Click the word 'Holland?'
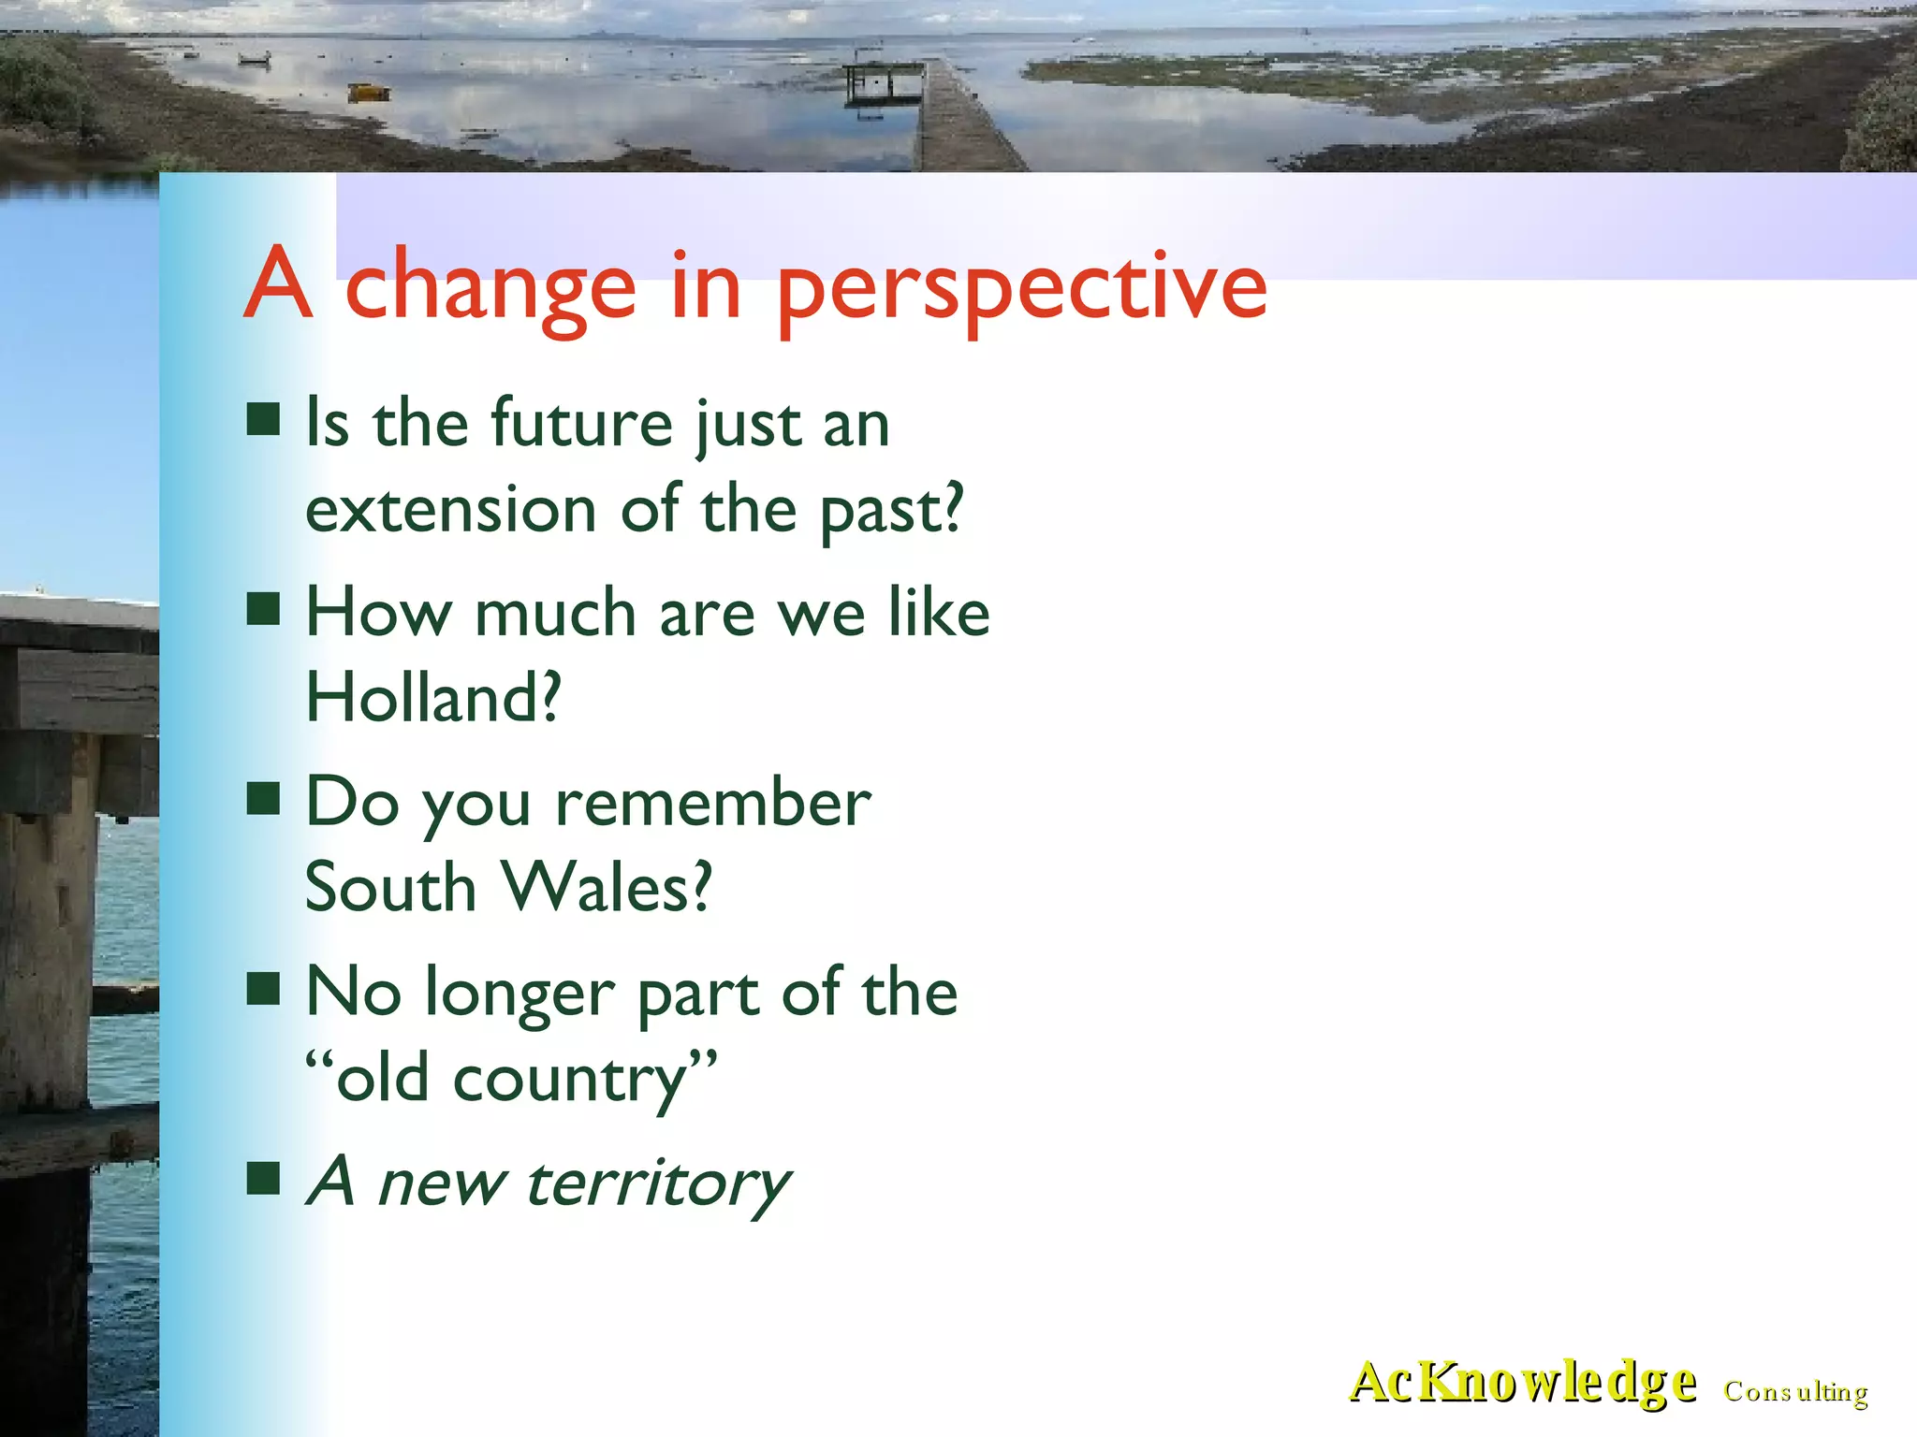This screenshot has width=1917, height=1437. [x=433, y=698]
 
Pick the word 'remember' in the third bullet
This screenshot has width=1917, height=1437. [x=712, y=804]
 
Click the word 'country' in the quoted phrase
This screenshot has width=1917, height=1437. [x=570, y=1080]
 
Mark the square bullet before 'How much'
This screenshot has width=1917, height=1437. [x=264, y=608]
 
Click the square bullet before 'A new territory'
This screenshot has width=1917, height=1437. [x=264, y=1179]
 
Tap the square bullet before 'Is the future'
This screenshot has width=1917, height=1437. [x=264, y=419]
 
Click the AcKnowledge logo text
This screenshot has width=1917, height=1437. [x=1522, y=1382]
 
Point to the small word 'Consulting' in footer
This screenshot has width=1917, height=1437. [x=1795, y=1392]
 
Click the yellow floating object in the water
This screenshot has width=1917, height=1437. [x=369, y=93]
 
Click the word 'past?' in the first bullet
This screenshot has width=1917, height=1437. [x=891, y=513]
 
